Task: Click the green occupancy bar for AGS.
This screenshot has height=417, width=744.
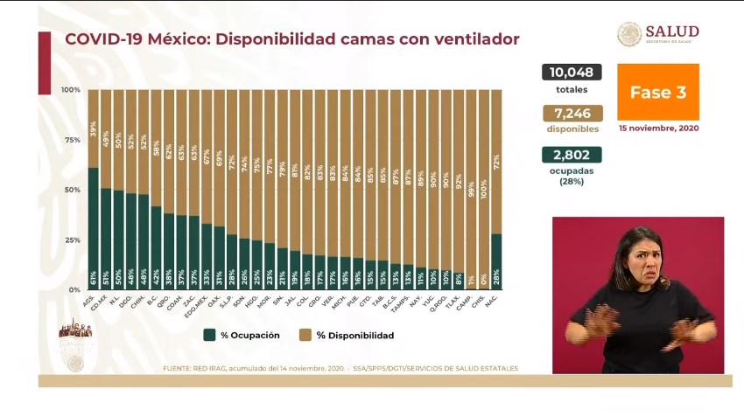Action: [x=93, y=228]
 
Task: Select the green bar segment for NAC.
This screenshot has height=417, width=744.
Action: [x=496, y=261]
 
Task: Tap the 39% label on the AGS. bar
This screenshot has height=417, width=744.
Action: [x=93, y=129]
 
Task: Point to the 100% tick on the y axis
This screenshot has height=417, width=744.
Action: [x=71, y=90]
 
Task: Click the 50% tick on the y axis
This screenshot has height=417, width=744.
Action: [x=72, y=190]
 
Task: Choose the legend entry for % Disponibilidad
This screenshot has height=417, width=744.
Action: [x=346, y=335]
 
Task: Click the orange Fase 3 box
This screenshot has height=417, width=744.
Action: [x=658, y=92]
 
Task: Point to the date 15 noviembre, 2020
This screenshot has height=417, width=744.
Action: [x=658, y=128]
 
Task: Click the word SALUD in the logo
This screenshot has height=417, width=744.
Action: [x=672, y=31]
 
